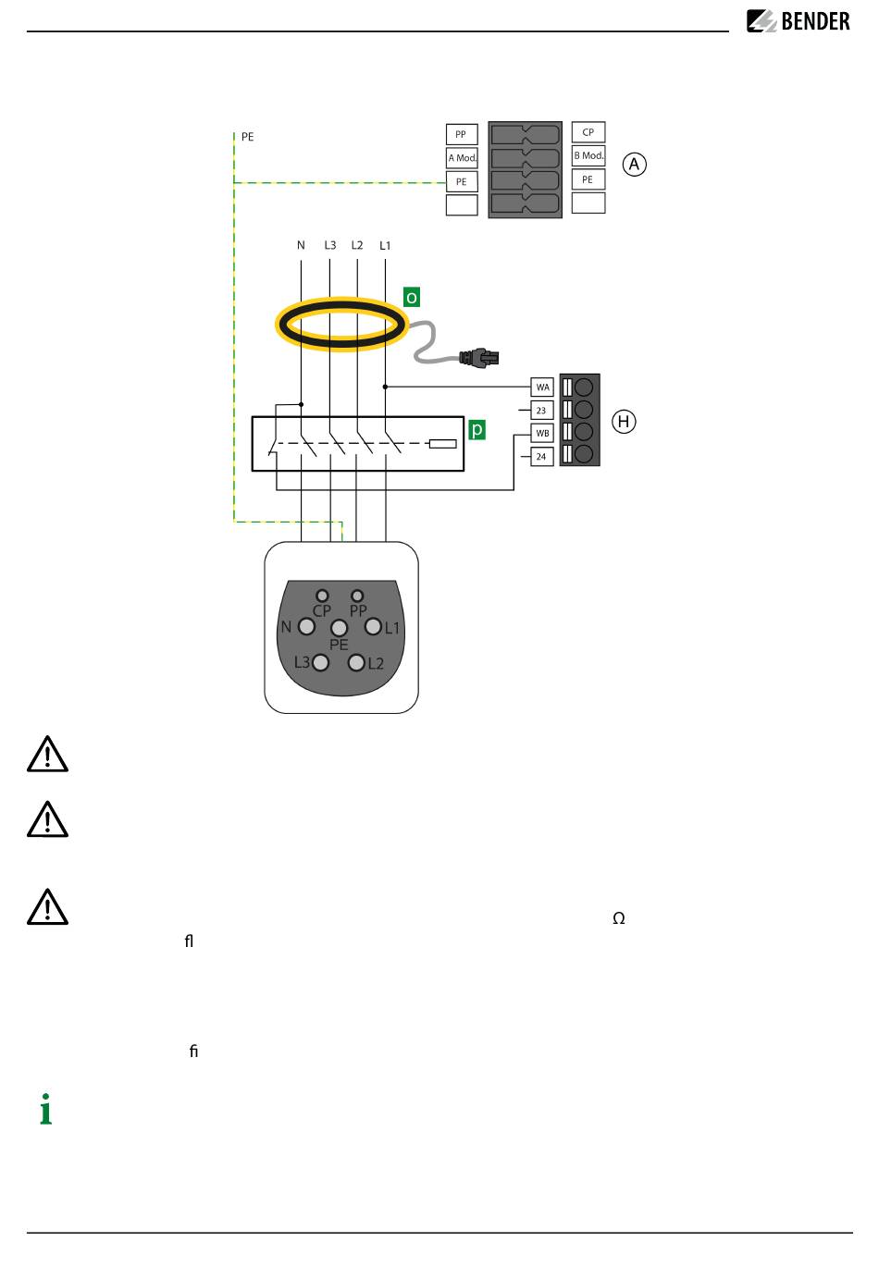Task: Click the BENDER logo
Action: click(798, 21)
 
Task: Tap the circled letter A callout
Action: click(634, 165)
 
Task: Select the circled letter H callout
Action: click(624, 422)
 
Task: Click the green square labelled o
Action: click(411, 297)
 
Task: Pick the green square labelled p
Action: click(477, 429)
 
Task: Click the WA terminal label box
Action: click(542, 387)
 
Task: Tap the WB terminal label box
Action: click(542, 434)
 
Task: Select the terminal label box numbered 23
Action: click(542, 410)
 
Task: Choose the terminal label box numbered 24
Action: click(542, 456)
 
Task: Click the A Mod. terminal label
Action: click(462, 157)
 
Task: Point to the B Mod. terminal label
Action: click(588, 155)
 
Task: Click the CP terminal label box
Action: click(588, 132)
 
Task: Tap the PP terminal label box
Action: click(462, 134)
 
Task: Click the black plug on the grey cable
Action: click(479, 358)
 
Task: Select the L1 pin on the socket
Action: click(373, 626)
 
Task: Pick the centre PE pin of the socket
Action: click(340, 628)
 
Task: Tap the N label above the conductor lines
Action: click(301, 245)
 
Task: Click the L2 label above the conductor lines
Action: click(357, 245)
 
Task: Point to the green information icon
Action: click(45, 1109)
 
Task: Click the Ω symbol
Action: click(619, 918)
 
